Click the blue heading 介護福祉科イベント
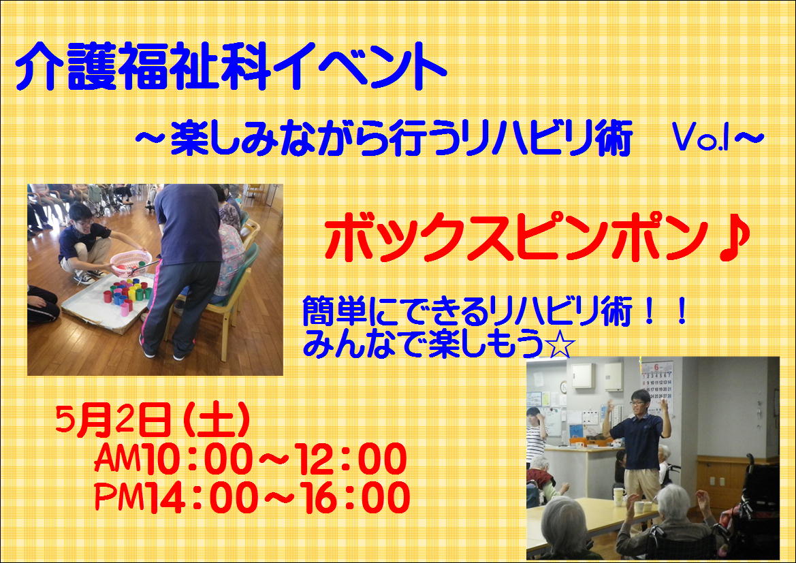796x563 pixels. coord(231,66)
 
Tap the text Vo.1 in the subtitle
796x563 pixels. coord(701,138)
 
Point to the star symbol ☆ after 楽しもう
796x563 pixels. coord(559,344)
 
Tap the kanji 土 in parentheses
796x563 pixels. coord(217,420)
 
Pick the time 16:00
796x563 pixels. coord(354,498)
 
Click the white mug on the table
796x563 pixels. coord(619,496)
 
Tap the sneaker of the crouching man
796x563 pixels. coord(84,277)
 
